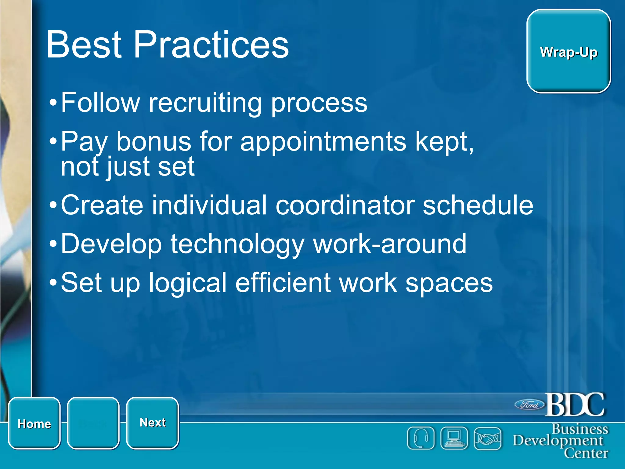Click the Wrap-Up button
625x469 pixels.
click(x=568, y=51)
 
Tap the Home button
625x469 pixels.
click(x=34, y=423)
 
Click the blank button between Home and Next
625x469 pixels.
click(x=93, y=423)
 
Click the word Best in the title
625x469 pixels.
click(x=84, y=45)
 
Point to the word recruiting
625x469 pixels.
click(x=205, y=103)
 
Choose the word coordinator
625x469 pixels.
click(x=345, y=205)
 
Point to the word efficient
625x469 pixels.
click(x=283, y=283)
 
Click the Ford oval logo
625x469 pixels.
click(x=529, y=405)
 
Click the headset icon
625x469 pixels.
click(x=421, y=438)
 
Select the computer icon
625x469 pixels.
click(x=454, y=438)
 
